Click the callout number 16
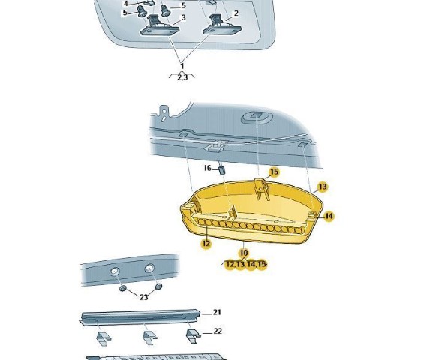click(207, 168)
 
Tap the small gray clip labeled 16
click(222, 170)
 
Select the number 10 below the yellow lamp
click(243, 253)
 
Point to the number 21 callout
click(217, 312)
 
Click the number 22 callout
click(218, 331)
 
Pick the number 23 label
click(143, 297)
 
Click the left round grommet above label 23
click(123, 289)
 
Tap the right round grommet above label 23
click(158, 286)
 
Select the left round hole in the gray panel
click(114, 271)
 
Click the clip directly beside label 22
click(194, 336)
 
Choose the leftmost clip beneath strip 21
click(104, 339)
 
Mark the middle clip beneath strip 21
click(149, 338)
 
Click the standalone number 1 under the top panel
click(182, 66)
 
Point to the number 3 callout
click(184, 18)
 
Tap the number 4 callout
click(125, 4)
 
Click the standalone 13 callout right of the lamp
click(323, 187)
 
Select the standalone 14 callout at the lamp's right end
click(329, 216)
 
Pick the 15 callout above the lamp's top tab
click(274, 172)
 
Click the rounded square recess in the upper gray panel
click(257, 117)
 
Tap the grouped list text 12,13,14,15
click(246, 265)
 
